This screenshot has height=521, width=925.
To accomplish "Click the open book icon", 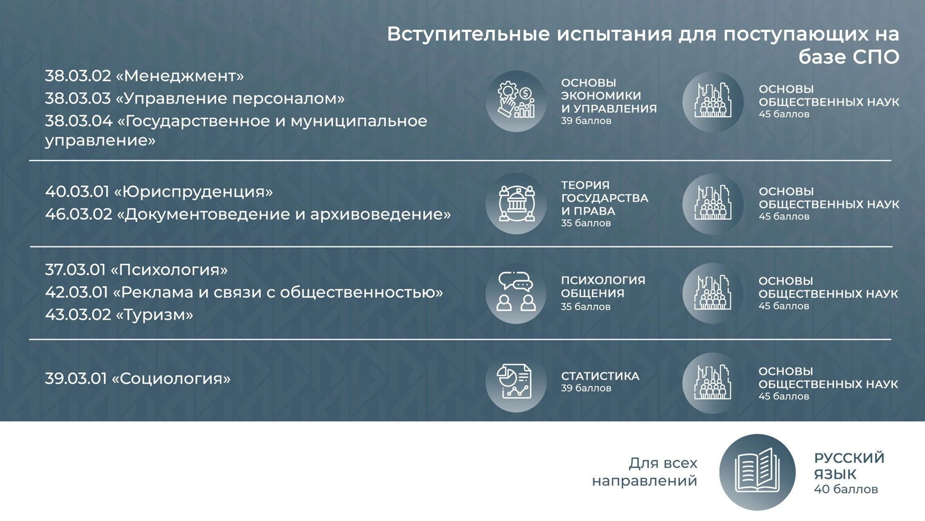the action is pyautogui.click(x=757, y=472).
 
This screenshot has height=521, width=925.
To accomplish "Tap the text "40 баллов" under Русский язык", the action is pyautogui.click(x=846, y=489).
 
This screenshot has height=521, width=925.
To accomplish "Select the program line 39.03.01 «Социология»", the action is pyautogui.click(x=138, y=379).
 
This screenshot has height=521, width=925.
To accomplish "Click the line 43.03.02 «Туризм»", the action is pyautogui.click(x=119, y=315).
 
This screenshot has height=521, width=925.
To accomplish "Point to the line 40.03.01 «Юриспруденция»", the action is pyautogui.click(x=159, y=192).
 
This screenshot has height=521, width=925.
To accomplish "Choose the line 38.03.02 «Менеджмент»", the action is pyautogui.click(x=145, y=76).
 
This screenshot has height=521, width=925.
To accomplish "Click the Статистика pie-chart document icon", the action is pyautogui.click(x=516, y=382).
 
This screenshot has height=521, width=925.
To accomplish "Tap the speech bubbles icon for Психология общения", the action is pyautogui.click(x=516, y=293).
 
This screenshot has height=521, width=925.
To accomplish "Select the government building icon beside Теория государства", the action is pyautogui.click(x=516, y=204).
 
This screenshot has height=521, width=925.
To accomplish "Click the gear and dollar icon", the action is pyautogui.click(x=516, y=101).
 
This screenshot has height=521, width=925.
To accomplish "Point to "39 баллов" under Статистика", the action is pyautogui.click(x=586, y=388).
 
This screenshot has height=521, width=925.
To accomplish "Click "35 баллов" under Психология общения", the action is pyautogui.click(x=586, y=307).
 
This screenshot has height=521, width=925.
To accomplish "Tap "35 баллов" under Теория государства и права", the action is pyautogui.click(x=586, y=223).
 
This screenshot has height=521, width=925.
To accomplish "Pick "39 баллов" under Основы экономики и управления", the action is pyautogui.click(x=586, y=121).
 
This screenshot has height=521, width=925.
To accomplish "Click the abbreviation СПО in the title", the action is pyautogui.click(x=876, y=57).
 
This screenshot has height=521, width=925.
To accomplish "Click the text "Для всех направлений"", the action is pyautogui.click(x=645, y=472).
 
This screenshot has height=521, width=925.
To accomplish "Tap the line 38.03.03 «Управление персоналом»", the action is pyautogui.click(x=195, y=98).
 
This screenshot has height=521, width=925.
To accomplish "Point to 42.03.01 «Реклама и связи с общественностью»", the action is pyautogui.click(x=244, y=292).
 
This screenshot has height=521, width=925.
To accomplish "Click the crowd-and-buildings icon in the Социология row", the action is pyautogui.click(x=713, y=383).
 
